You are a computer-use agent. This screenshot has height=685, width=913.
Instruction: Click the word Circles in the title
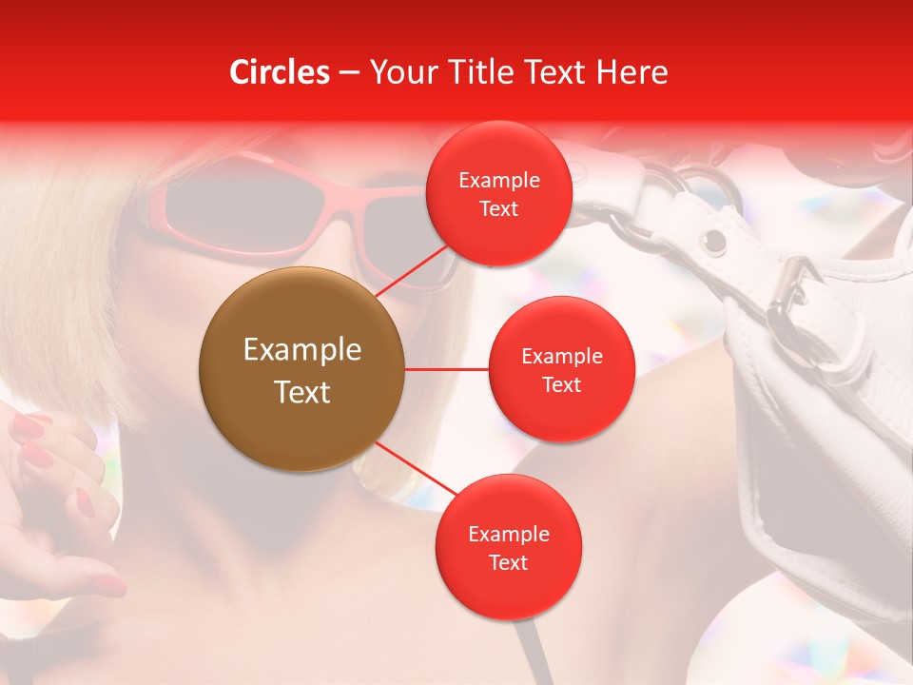(280, 72)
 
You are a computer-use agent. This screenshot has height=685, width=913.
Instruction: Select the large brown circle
(301, 369)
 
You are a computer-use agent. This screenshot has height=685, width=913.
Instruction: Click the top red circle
(498, 194)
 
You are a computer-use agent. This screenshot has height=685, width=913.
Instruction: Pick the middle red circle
(561, 369)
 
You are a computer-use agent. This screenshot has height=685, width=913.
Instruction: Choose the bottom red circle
(508, 547)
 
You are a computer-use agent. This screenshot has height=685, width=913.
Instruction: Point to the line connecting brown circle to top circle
(415, 269)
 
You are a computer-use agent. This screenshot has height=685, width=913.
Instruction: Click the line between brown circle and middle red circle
(446, 369)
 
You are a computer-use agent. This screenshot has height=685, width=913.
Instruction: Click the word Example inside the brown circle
(301, 349)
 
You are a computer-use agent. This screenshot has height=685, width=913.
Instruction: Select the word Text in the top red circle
(498, 208)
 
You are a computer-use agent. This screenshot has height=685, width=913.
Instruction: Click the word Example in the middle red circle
(561, 356)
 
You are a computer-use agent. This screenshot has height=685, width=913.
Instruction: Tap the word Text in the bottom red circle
(508, 562)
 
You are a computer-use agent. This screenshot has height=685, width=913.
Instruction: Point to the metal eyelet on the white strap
(711, 243)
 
